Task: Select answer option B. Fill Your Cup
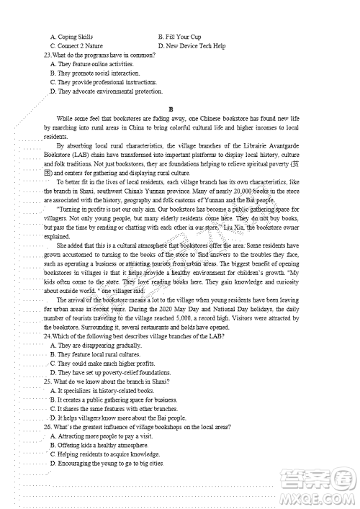[180, 36]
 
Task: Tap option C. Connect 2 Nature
[76, 45]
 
